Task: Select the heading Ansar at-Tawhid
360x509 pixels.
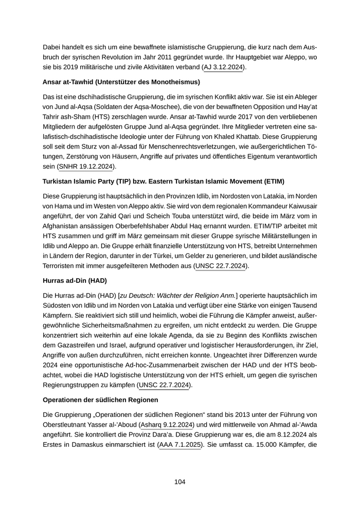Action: (x=121, y=82)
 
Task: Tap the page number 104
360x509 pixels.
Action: (x=179, y=482)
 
